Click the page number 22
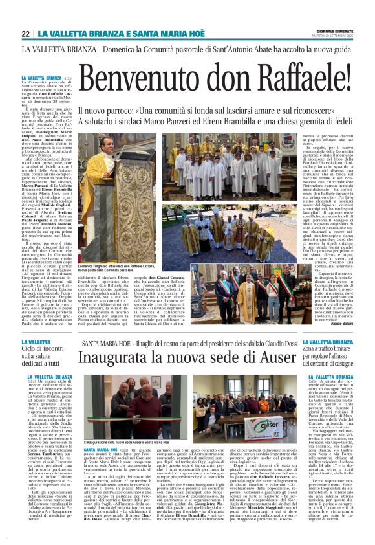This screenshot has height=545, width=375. (26, 34)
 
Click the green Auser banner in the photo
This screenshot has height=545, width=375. (262, 425)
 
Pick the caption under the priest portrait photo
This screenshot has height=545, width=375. (116, 270)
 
